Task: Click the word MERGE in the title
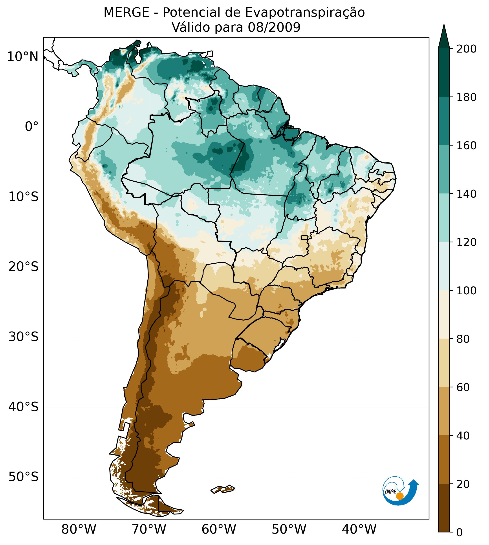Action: [126, 13]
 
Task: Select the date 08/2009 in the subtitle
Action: [274, 27]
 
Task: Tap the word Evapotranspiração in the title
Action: [305, 13]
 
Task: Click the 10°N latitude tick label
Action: [23, 57]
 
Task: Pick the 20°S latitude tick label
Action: [24, 267]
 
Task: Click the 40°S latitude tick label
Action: [24, 407]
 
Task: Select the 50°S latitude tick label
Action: [24, 477]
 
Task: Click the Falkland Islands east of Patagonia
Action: [223, 489]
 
